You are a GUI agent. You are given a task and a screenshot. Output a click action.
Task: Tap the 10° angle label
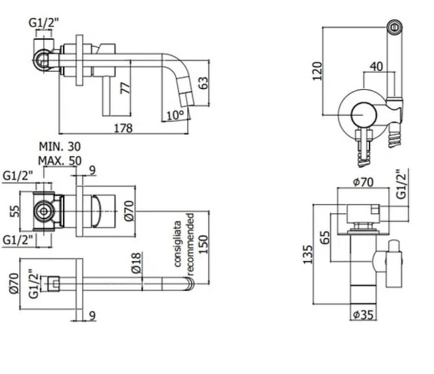(174, 114)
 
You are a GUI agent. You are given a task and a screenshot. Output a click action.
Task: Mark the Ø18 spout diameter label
(136, 260)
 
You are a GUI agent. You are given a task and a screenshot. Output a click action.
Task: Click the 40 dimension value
(376, 66)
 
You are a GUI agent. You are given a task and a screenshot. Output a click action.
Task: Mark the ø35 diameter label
(367, 314)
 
